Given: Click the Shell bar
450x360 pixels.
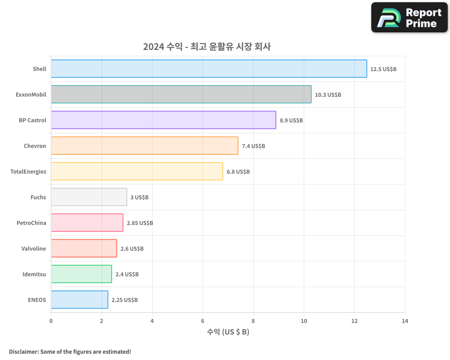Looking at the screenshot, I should [x=209, y=69].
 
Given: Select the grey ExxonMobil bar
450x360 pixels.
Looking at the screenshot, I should [x=181, y=94].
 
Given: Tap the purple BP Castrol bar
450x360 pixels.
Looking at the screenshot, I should [x=163, y=120].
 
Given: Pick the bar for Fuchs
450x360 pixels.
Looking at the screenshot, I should [x=89, y=197].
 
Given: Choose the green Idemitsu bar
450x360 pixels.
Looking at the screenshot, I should [x=81, y=274].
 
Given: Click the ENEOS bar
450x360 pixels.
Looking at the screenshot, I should [x=79, y=300].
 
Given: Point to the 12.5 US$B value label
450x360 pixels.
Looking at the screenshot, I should [x=383, y=69].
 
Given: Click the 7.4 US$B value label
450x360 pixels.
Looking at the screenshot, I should [x=253, y=146].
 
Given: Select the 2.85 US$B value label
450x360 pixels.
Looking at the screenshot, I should [x=140, y=223].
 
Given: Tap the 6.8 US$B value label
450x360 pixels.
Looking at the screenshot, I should [x=238, y=172].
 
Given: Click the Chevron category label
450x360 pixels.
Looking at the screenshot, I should [x=35, y=146].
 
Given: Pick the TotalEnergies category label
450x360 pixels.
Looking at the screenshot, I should [x=28, y=171].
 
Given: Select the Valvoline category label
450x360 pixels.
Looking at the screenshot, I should [x=34, y=248].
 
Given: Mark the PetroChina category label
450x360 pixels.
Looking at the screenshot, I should [x=31, y=223].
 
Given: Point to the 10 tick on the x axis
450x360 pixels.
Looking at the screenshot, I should [x=304, y=321].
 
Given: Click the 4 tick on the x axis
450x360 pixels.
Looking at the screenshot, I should [x=152, y=321].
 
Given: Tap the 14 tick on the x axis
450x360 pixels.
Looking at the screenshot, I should [x=405, y=321].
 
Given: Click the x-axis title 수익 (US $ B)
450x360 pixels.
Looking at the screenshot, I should [x=228, y=332].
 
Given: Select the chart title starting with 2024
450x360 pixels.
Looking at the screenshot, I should [x=207, y=46].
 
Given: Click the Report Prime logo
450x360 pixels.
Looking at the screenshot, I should [x=409, y=18].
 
